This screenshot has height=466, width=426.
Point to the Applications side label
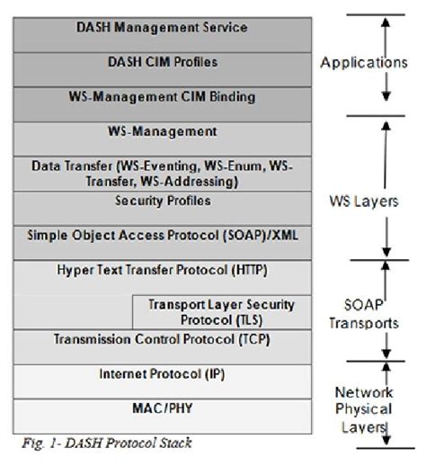[x=364, y=64]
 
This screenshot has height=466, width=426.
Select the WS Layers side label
[x=362, y=202]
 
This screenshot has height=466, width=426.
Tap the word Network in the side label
[x=364, y=393]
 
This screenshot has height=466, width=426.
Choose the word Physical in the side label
[x=364, y=409]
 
